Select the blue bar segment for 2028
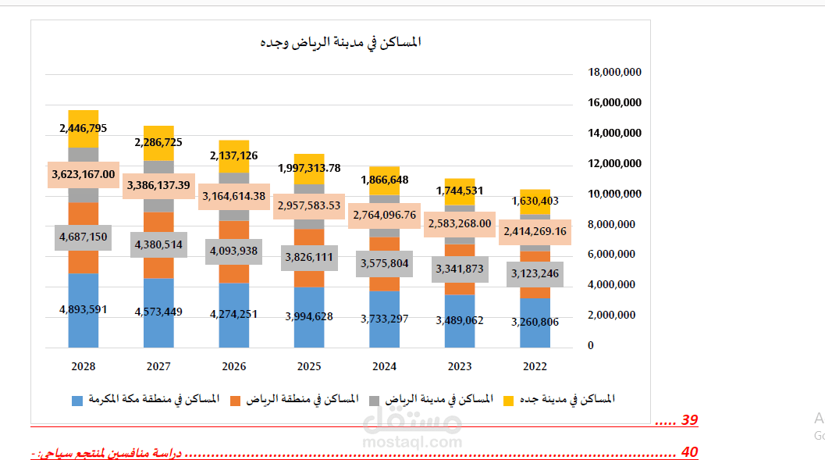[x=83, y=328]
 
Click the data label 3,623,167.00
[x=83, y=174]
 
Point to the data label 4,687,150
[x=83, y=237]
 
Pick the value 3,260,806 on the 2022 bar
[x=535, y=322]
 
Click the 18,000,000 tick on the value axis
[x=614, y=72]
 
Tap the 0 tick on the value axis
[x=590, y=345]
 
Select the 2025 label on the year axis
[x=309, y=366]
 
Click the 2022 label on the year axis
[x=535, y=366]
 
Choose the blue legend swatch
[x=77, y=401]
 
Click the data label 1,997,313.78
[x=309, y=169]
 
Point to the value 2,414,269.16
[x=535, y=232]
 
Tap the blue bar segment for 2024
[x=384, y=328]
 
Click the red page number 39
[x=689, y=420]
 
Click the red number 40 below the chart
[x=689, y=452]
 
